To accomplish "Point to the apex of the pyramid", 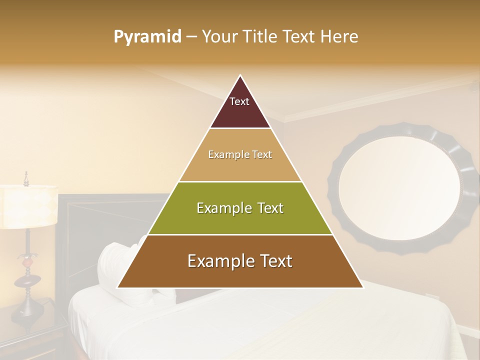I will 240,76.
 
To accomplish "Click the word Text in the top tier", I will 239,101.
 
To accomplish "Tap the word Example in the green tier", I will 219,208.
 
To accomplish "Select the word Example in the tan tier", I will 224,155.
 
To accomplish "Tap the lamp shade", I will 27,206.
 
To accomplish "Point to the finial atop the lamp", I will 26,178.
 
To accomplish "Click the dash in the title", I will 191,37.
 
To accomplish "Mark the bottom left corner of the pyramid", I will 117,288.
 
